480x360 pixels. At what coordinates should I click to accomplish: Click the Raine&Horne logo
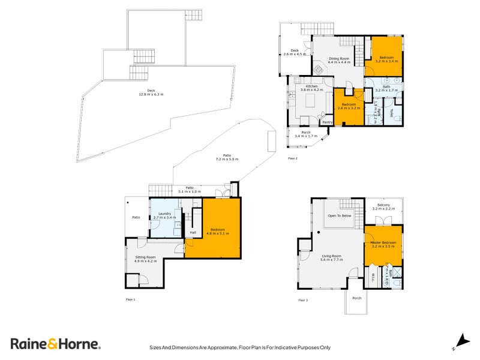coord(55,344)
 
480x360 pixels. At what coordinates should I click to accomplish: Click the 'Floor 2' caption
coord(293,158)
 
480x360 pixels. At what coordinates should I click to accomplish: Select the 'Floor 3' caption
coord(303,299)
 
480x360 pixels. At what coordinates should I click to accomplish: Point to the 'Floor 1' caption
coord(130,298)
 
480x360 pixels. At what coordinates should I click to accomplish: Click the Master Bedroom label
coord(383,243)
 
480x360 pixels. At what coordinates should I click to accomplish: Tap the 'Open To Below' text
coord(339,215)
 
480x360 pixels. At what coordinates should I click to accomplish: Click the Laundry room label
coord(164,214)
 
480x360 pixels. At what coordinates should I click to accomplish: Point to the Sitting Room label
coord(145,258)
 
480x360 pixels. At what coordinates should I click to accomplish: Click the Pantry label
coord(327,122)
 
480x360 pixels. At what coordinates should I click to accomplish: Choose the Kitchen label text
coord(311,87)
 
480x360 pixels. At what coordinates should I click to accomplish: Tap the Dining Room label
coord(338,59)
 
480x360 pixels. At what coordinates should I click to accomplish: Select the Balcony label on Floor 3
coord(383,205)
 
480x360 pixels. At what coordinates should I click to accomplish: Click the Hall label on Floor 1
coord(193,232)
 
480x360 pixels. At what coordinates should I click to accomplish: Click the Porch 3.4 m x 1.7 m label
coord(305,134)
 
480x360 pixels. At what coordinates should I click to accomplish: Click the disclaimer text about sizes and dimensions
coord(239,347)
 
